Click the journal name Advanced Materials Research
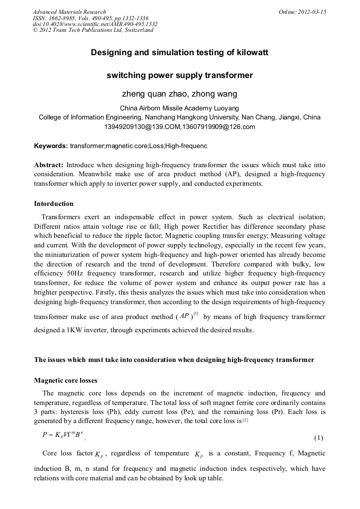point(69,12)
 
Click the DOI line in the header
point(95,24)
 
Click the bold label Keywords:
point(51,145)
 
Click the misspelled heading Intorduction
point(54,204)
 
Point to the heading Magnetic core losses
point(66,381)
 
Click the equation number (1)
point(319,438)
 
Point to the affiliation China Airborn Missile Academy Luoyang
point(179,108)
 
